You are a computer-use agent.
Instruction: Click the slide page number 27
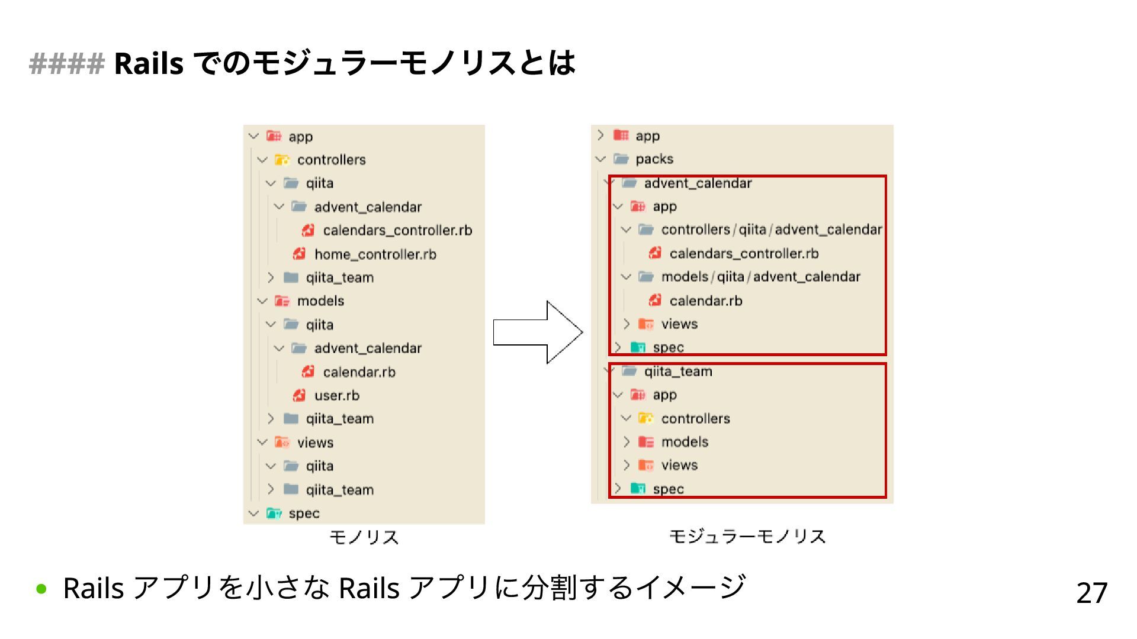tap(1091, 593)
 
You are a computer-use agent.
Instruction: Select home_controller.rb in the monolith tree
tap(375, 254)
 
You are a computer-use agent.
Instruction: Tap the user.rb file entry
tap(336, 395)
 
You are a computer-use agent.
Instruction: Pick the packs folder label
tap(654, 159)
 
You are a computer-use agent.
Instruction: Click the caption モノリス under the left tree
tap(364, 537)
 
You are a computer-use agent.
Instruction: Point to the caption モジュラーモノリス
tap(747, 537)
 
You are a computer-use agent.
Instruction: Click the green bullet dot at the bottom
tap(41, 589)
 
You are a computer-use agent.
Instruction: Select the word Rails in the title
tap(148, 63)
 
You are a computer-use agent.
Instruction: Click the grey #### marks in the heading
tap(66, 63)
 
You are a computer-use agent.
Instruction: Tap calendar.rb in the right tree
tap(705, 301)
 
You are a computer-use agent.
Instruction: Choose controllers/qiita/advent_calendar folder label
tap(771, 230)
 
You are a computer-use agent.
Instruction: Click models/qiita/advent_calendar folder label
tap(760, 277)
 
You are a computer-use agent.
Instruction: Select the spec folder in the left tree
tap(304, 514)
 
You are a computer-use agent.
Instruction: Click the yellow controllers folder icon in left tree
tap(282, 160)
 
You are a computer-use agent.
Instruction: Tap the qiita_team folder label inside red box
tap(678, 372)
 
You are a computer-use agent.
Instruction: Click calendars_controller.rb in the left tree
tap(397, 230)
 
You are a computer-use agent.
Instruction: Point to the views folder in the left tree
tap(315, 443)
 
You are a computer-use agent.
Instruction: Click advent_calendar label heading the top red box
tap(698, 183)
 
